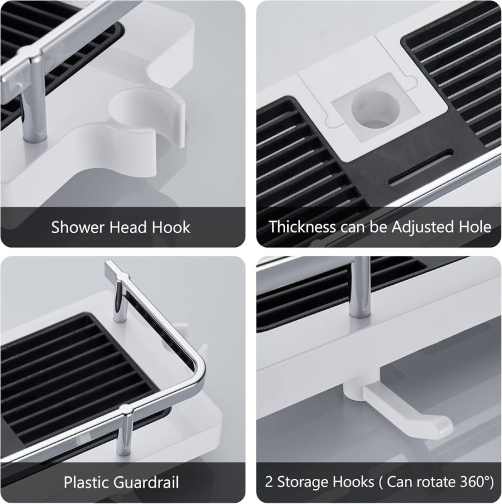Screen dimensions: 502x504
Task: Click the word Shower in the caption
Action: click(x=78, y=227)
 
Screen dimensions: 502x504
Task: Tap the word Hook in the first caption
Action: click(x=171, y=227)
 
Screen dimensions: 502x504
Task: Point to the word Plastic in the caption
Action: click(x=86, y=483)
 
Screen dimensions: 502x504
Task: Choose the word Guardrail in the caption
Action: click(x=146, y=483)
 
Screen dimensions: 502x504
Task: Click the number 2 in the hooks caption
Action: click(x=269, y=482)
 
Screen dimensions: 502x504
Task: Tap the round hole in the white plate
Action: click(x=375, y=108)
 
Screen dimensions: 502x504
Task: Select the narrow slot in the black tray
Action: click(x=421, y=168)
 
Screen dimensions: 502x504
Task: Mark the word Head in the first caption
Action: click(x=128, y=227)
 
